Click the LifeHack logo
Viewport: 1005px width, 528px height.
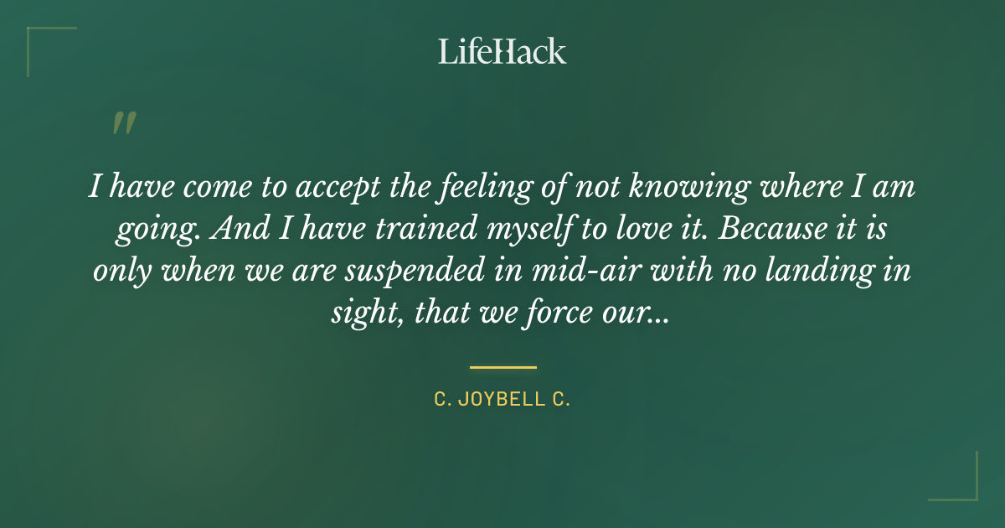click(502, 51)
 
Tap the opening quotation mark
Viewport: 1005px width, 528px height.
click(123, 123)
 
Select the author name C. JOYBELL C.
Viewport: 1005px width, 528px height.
click(502, 400)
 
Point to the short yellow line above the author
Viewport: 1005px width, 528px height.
click(502, 367)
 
